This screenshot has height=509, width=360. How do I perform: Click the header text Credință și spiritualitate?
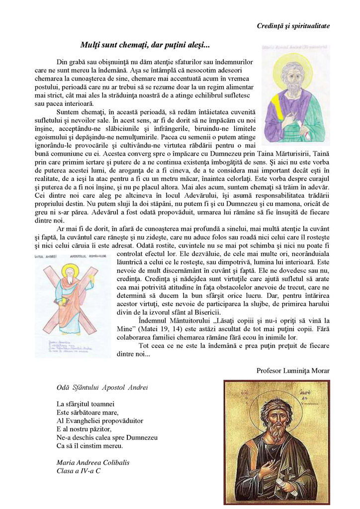(x=293, y=25)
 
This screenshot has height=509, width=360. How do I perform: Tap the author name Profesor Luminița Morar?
(x=293, y=370)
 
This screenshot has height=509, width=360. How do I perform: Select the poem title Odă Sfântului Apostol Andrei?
(x=102, y=387)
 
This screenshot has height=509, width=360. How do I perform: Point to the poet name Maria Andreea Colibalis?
(x=93, y=462)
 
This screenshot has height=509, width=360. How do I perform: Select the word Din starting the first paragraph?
(x=63, y=62)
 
